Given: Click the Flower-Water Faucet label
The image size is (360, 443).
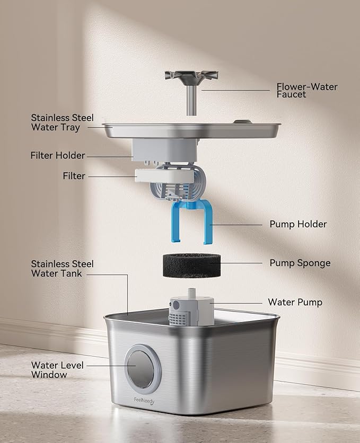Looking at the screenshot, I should [x=306, y=91].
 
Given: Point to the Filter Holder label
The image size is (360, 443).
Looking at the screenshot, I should [x=58, y=156].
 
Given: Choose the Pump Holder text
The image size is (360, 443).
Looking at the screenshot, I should [x=298, y=224].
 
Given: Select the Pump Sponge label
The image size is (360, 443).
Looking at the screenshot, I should [x=300, y=263].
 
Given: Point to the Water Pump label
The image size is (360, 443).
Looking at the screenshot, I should [x=295, y=302].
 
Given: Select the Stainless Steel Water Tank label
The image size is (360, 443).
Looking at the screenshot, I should [x=62, y=269].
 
